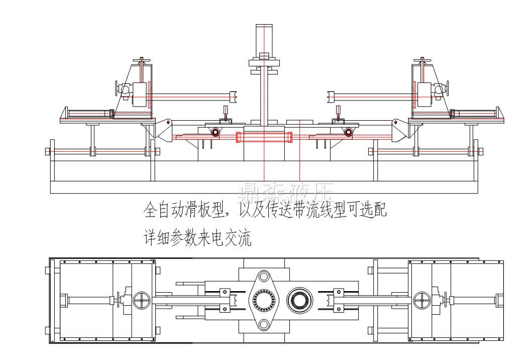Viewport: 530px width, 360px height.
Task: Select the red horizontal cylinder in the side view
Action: tap(264, 137)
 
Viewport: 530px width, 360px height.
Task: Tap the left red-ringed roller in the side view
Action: tap(215, 132)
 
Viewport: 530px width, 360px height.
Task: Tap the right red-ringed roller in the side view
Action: tap(348, 132)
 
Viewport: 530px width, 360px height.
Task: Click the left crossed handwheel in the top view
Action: tap(142, 301)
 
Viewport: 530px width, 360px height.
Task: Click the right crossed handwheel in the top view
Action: tap(422, 301)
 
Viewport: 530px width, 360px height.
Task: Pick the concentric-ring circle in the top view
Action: tap(300, 301)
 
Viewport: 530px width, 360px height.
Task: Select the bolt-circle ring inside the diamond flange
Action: tap(264, 301)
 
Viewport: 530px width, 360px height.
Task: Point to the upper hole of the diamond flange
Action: tap(264, 277)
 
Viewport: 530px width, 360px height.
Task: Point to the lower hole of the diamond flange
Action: tap(264, 325)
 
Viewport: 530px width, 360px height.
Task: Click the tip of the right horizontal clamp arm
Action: tap(330, 96)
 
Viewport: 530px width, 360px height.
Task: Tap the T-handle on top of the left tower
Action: tap(142, 61)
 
